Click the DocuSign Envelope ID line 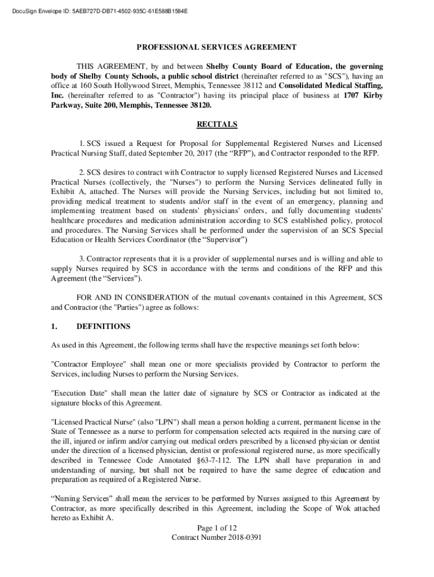coord(96,11)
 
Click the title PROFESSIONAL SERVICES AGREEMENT coord(216,47)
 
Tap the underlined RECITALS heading coord(216,124)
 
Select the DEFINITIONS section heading coord(103,326)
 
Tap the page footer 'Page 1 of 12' coord(216,528)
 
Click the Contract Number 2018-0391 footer coord(216,538)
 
